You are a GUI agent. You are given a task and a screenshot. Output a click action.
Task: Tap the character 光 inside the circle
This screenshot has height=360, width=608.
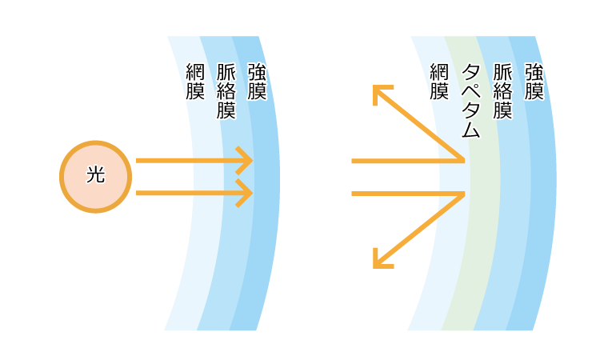95,175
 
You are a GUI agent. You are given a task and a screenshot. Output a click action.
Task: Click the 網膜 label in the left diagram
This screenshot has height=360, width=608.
194,82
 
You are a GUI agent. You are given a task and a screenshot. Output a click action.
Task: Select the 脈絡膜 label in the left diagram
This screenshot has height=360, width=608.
226,90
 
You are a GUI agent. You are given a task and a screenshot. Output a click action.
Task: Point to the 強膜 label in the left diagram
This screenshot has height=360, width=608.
257,82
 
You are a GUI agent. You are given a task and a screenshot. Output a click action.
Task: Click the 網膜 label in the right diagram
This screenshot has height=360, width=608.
438,82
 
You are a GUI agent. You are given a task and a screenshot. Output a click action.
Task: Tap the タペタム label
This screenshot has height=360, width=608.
470,100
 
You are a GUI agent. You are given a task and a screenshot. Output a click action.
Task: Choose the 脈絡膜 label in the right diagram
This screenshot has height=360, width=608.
502,90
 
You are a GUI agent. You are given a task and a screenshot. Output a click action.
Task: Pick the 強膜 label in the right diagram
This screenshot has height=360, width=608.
534,82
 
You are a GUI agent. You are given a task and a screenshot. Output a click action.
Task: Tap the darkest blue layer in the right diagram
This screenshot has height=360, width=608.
544,240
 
